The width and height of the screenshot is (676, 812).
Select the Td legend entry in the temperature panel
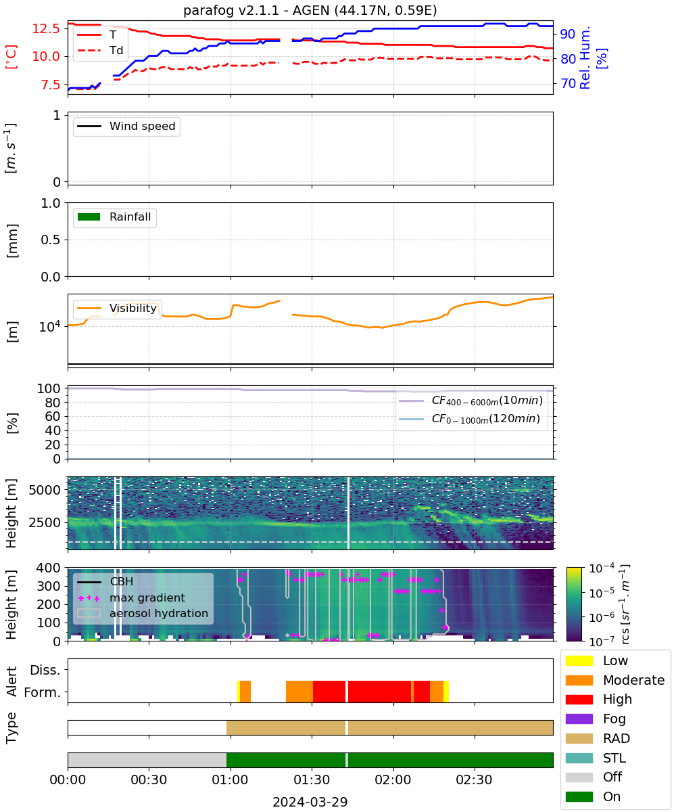[100, 50]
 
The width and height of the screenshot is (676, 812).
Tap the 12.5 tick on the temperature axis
[46, 28]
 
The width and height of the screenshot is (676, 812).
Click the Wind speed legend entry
[126, 126]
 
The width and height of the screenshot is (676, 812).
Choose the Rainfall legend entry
[114, 217]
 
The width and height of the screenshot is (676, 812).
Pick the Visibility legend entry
[116, 308]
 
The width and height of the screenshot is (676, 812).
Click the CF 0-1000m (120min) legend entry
[469, 419]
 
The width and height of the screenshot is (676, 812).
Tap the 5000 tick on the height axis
[45, 490]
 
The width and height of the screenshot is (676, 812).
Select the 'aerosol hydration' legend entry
[142, 613]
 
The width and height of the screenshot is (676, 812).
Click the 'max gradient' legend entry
[131, 597]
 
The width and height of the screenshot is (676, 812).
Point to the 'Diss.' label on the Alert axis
[45, 670]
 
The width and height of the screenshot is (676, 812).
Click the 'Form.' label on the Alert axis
[43, 693]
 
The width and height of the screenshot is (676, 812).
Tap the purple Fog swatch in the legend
[579, 719]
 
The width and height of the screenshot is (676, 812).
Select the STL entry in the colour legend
[596, 758]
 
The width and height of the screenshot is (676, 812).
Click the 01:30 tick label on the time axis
[312, 780]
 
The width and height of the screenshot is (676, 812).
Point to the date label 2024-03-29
[310, 803]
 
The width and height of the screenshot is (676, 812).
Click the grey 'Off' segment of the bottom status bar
[147, 761]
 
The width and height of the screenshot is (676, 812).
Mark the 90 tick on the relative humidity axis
[568, 35]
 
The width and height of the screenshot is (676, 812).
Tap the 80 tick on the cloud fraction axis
[53, 403]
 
